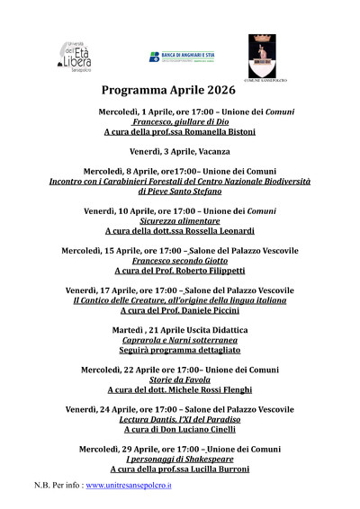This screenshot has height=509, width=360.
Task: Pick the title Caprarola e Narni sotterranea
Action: click(x=180, y=339)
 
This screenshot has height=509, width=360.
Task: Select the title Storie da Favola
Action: click(x=180, y=379)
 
